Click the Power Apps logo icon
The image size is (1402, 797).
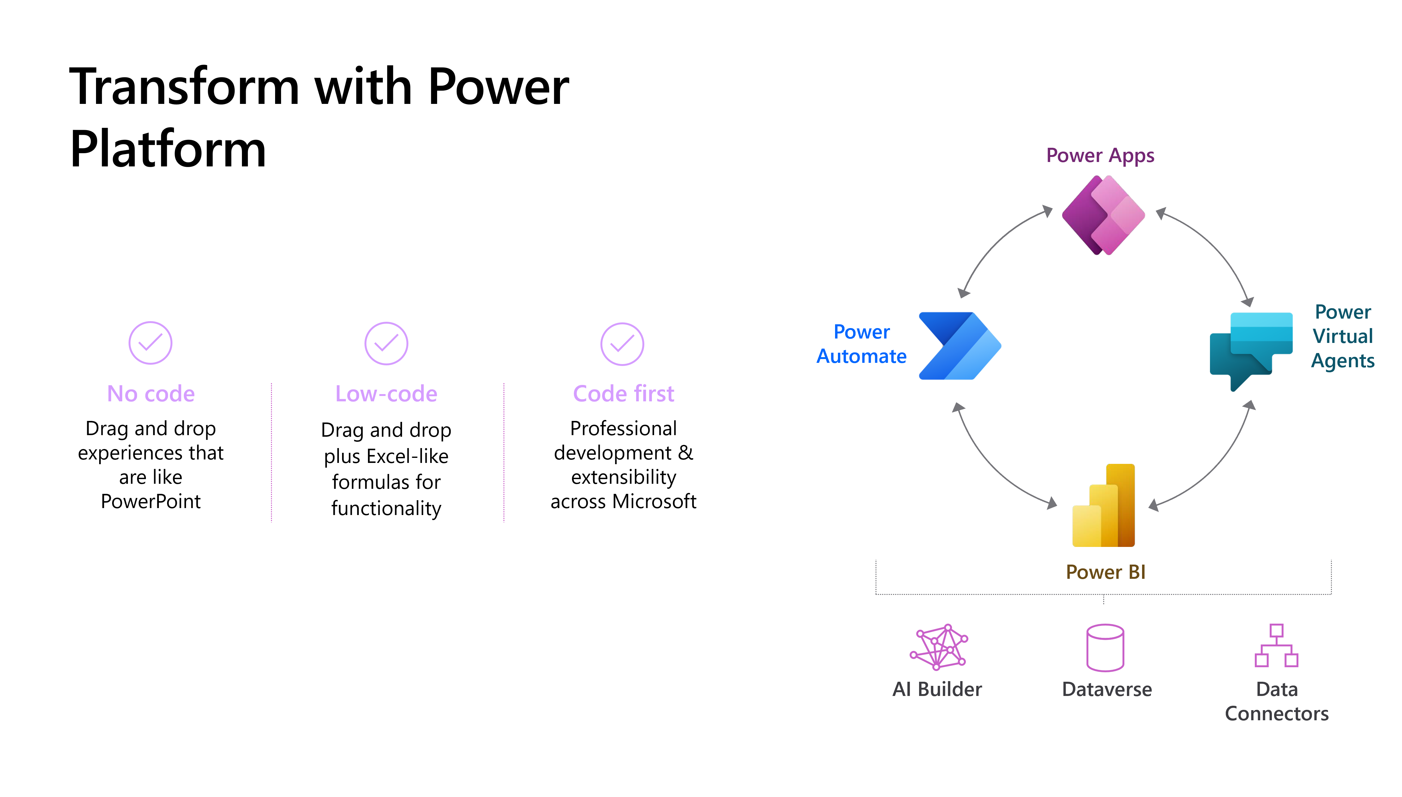(1103, 215)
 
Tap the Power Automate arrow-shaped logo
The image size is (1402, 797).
(959, 346)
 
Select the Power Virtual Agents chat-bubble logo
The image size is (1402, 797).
(1251, 350)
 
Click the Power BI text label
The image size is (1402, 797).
(1105, 572)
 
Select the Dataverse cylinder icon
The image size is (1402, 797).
(1105, 648)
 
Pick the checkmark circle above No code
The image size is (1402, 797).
(151, 343)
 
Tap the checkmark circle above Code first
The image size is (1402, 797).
(623, 344)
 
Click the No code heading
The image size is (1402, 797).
(151, 393)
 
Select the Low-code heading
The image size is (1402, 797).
(387, 393)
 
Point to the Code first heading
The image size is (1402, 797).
(623, 393)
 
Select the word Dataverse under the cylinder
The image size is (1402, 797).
(1107, 689)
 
